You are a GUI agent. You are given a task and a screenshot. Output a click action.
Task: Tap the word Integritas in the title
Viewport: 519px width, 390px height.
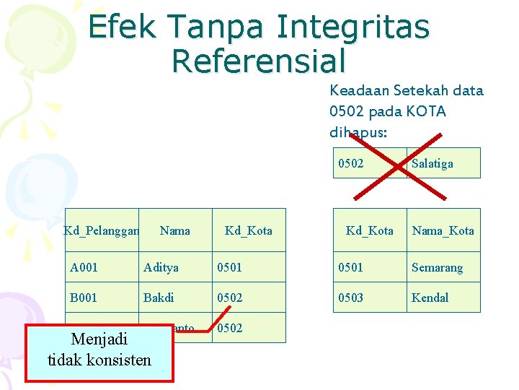[353, 27]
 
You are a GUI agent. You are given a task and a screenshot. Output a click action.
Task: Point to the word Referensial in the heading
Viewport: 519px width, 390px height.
[259, 61]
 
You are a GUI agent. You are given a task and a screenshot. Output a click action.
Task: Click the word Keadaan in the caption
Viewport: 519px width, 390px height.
[358, 91]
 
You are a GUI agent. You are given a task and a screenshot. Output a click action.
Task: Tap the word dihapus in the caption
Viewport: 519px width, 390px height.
[358, 133]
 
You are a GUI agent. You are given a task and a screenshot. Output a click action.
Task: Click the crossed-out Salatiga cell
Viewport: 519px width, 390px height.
[443, 163]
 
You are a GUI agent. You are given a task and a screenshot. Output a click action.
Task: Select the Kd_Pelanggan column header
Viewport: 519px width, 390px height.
[101, 230]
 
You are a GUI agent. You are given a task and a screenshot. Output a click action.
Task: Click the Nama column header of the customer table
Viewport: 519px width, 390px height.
[174, 230]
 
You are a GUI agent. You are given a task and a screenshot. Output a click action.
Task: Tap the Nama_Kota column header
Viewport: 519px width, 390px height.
[443, 230]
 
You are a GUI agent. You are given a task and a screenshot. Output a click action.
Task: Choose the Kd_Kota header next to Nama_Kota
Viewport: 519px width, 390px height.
[369, 230]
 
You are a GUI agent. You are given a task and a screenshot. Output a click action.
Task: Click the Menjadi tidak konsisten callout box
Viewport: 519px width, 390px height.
[99, 349]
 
